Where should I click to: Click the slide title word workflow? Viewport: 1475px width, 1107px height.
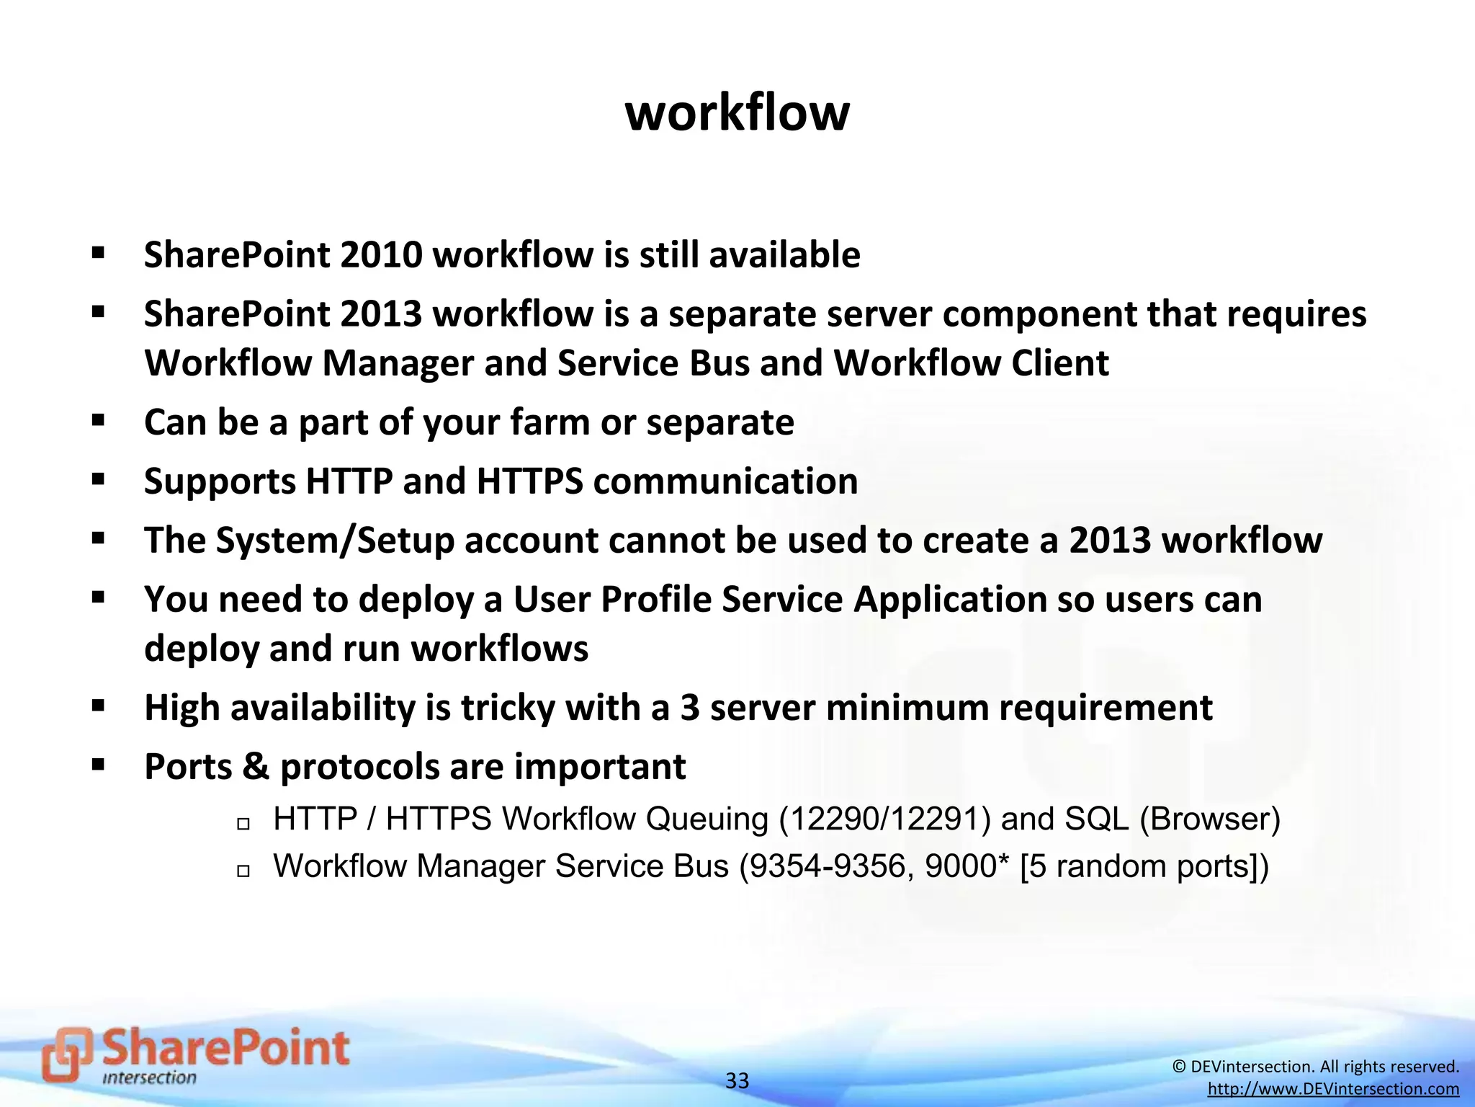tap(737, 113)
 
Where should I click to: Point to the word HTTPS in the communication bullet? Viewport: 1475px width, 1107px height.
tap(529, 481)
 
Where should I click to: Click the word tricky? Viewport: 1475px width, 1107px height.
tap(508, 708)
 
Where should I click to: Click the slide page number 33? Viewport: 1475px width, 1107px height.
tap(737, 1080)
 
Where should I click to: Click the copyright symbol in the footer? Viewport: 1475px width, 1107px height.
tap(1179, 1067)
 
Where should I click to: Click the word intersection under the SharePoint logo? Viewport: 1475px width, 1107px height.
tap(149, 1078)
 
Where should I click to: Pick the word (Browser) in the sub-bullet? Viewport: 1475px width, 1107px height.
tap(1210, 819)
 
